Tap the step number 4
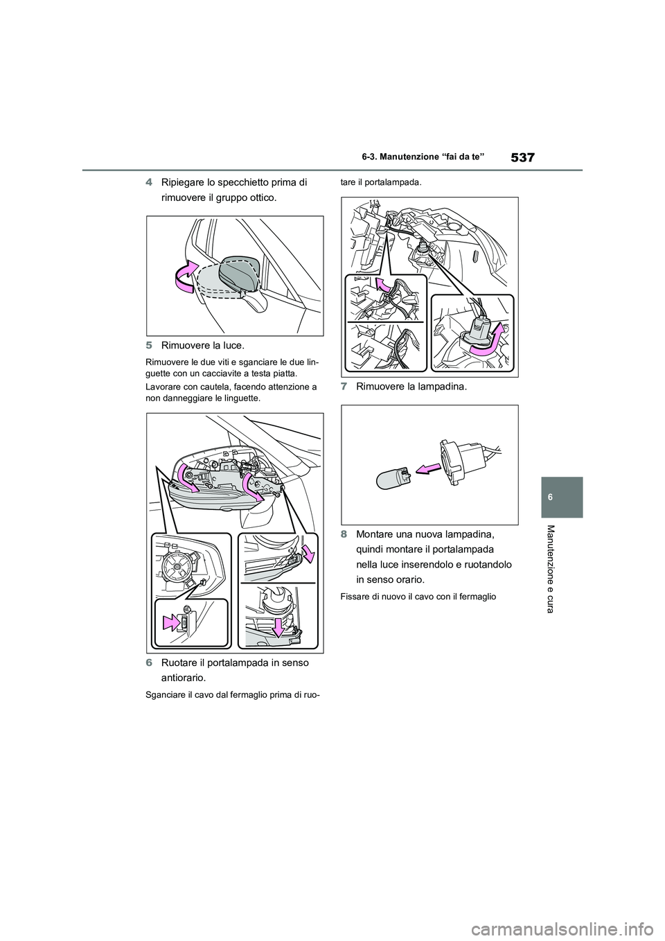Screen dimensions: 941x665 150,184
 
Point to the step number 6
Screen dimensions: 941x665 150,662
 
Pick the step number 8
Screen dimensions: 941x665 344,534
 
